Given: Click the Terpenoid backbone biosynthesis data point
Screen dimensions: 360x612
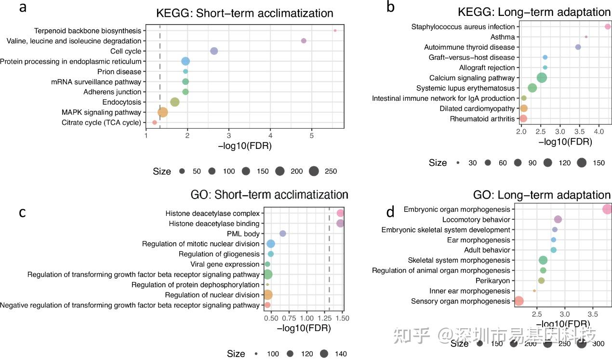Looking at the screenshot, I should (x=335, y=31).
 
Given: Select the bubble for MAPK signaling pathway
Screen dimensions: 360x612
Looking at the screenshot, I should (x=163, y=112).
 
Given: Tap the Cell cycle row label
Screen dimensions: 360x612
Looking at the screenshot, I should (x=126, y=51).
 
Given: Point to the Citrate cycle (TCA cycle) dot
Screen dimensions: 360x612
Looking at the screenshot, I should (x=155, y=122).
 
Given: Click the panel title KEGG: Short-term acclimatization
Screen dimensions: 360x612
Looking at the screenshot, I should (x=244, y=13).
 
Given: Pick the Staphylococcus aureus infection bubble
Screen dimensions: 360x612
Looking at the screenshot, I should (x=608, y=27).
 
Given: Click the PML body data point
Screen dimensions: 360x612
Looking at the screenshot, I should (x=283, y=234).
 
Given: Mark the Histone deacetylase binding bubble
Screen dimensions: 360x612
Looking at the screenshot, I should (x=340, y=223).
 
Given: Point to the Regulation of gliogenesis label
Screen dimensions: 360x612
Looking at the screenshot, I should (x=219, y=254).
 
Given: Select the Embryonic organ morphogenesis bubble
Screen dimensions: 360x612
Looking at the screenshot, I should (x=607, y=209).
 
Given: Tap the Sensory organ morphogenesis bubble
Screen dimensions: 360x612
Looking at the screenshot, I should (x=519, y=301).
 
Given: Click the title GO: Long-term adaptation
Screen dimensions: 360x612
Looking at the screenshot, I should (x=542, y=195).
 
